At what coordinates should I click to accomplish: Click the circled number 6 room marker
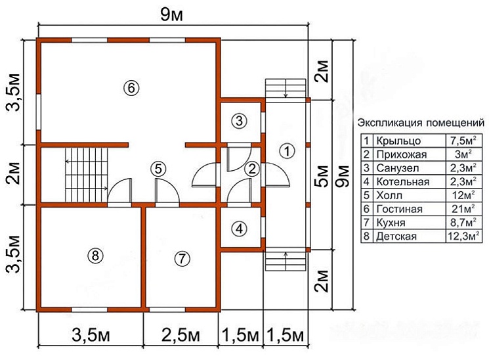(131, 87)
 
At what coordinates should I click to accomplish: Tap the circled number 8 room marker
(96, 256)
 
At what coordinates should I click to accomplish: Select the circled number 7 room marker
(181, 258)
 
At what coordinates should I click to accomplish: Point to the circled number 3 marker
(240, 121)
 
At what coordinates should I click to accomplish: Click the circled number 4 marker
(240, 229)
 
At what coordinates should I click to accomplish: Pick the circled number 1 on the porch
(286, 150)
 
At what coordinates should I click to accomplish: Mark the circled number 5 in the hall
(157, 168)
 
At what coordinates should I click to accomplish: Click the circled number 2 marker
(250, 169)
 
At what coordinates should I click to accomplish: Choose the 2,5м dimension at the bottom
(181, 336)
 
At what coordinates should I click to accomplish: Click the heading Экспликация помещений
(420, 123)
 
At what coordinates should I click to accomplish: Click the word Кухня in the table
(391, 223)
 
